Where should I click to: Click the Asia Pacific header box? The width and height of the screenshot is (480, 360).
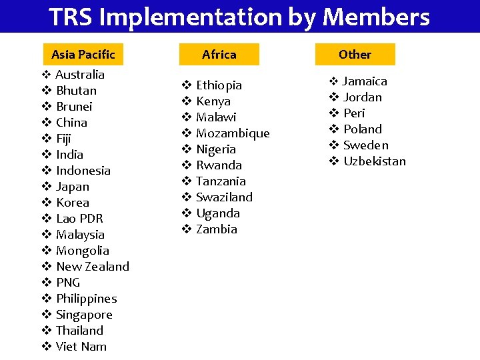coord(83,54)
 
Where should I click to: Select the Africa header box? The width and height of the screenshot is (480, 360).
coord(219,54)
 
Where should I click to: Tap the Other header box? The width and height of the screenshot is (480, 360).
coord(355,54)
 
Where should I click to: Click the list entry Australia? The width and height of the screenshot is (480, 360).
coord(80,75)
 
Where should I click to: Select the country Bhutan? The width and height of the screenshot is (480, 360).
coord(76,91)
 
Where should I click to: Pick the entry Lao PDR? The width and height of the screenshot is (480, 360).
coord(79,219)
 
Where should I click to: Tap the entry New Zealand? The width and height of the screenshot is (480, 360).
coord(93,267)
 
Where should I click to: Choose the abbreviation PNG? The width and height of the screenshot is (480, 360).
coord(68,283)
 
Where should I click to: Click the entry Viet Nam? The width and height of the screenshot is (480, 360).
coord(81,347)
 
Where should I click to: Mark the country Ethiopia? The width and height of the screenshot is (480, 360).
coord(219,85)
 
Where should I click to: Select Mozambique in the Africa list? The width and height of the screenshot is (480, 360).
coord(233,133)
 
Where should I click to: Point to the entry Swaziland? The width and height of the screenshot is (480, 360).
coord(224,197)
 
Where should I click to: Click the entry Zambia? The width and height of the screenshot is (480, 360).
coord(217,229)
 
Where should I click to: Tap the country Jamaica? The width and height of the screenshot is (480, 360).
coord(365,81)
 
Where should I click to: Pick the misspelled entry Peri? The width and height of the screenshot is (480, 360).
coord(354,113)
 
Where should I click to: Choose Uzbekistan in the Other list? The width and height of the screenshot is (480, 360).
coord(374,161)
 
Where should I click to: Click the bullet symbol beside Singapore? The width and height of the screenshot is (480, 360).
coord(47,315)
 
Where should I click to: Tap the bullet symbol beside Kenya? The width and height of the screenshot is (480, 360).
coord(187,101)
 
